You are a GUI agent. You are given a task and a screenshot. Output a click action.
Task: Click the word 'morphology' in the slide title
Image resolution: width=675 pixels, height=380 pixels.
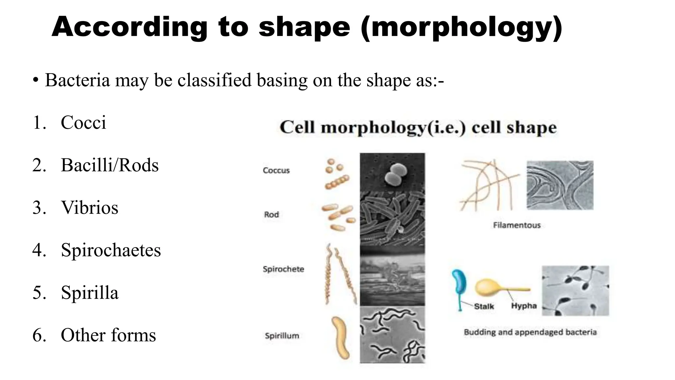pos(461,28)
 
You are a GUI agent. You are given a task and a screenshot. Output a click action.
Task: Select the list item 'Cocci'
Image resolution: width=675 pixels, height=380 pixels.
pos(83,123)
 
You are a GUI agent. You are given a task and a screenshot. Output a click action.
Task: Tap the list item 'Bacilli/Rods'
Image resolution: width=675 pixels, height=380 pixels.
pos(109,165)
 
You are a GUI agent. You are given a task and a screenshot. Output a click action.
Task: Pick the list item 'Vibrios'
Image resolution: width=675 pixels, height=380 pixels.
pos(89,208)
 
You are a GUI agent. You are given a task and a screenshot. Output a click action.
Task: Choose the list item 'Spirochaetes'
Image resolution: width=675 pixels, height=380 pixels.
pos(111,250)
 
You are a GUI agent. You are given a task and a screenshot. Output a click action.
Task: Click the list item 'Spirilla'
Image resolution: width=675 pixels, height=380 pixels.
pos(89,293)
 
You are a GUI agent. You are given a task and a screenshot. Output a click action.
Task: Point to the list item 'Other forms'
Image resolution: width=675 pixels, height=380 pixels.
pos(108,335)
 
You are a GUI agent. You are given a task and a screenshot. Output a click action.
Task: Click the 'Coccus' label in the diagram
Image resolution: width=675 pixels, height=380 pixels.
pos(276,171)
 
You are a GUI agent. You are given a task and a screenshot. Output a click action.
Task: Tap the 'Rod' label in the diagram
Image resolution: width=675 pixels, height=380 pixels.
pos(271,215)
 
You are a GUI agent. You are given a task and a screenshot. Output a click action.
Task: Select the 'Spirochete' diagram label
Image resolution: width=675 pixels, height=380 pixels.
pos(283,269)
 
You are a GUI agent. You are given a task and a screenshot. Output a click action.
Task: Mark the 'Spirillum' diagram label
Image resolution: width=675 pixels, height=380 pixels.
pos(282,336)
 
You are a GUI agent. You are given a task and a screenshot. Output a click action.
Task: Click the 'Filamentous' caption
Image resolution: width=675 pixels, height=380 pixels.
pos(517,225)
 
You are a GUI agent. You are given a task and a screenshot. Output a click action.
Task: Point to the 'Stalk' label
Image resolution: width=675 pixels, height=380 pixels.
pos(484,306)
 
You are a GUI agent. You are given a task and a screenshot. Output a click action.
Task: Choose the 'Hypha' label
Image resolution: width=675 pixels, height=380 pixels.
pos(524,306)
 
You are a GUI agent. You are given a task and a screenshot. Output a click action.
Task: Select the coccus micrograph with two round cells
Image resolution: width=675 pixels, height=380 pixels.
pos(392,172)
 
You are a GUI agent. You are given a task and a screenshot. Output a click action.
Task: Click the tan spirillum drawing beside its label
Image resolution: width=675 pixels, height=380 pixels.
pos(340,338)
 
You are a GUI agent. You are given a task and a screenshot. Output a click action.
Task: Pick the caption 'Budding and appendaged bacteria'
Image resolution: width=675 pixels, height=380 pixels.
pos(530,332)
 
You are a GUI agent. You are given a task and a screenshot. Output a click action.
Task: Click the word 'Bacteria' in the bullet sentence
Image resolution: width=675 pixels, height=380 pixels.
pos(77,80)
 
